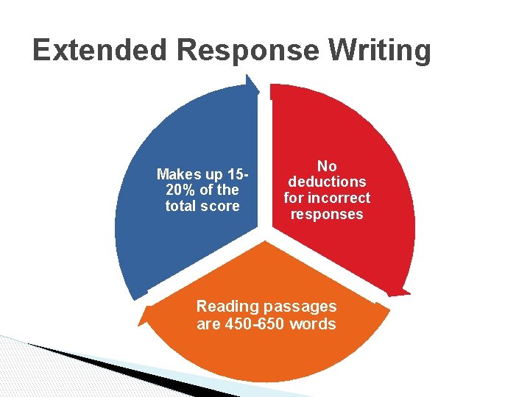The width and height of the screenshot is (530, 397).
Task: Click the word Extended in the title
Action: pyautogui.click(x=100, y=50)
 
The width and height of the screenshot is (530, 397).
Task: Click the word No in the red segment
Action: pyautogui.click(x=327, y=166)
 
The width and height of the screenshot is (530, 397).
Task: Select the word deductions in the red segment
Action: pyautogui.click(x=327, y=182)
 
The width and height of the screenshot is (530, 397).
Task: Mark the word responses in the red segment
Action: pyautogui.click(x=327, y=214)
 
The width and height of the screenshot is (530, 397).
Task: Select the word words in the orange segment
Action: pyautogui.click(x=314, y=323)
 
